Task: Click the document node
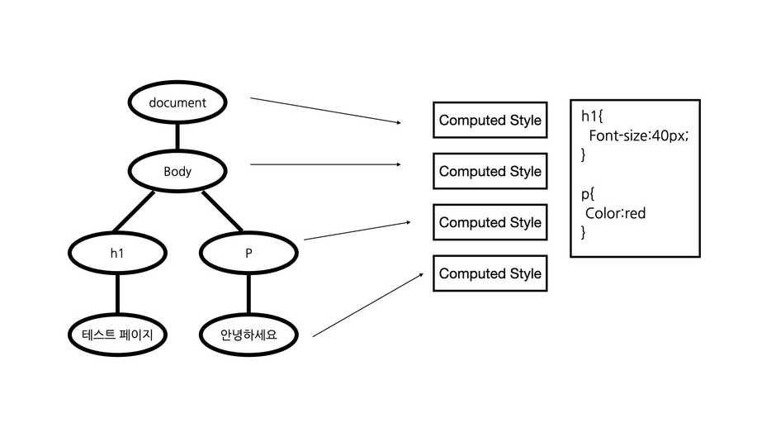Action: click(x=177, y=103)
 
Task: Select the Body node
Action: click(x=177, y=172)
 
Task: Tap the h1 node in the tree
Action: click(x=116, y=254)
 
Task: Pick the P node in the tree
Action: click(x=248, y=254)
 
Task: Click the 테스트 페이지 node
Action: click(x=116, y=335)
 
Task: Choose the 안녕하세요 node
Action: click(x=248, y=335)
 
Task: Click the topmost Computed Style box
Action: click(x=490, y=121)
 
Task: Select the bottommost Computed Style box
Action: click(x=490, y=273)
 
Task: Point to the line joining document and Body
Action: click(x=177, y=137)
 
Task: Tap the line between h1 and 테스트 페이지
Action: click(x=116, y=295)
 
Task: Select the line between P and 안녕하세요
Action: click(x=248, y=295)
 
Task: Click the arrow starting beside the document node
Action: click(x=325, y=111)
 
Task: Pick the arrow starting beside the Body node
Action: click(x=325, y=164)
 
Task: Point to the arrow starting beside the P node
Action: click(x=357, y=230)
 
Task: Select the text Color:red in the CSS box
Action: click(x=615, y=214)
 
